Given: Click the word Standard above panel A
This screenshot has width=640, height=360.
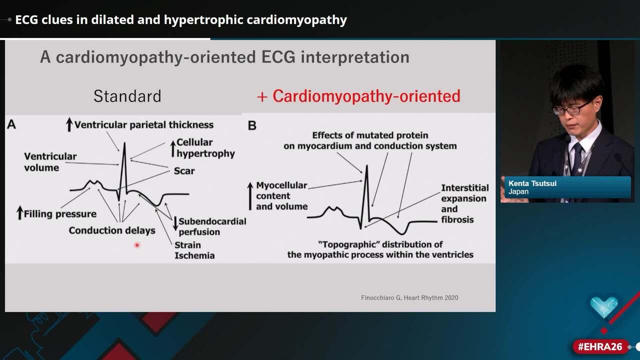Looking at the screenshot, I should pyautogui.click(x=127, y=96).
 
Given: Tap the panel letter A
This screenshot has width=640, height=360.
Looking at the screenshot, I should pyautogui.click(x=11, y=124).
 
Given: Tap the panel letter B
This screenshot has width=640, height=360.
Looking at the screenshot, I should pyautogui.click(x=252, y=125).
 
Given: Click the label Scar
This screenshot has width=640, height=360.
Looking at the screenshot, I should pyautogui.click(x=184, y=171).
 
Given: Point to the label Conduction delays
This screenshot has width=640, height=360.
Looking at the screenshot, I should pyautogui.click(x=112, y=230).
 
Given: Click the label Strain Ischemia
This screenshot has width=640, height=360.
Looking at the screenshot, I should pyautogui.click(x=194, y=250).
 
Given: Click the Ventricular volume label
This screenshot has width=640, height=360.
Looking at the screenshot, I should pyautogui.click(x=50, y=161).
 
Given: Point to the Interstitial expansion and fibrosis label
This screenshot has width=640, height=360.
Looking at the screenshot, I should pyautogui.click(x=464, y=203).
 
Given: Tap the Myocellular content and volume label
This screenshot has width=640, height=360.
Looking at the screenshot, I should pyautogui.click(x=281, y=195).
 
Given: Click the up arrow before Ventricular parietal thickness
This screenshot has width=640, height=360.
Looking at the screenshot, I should pyautogui.click(x=69, y=124).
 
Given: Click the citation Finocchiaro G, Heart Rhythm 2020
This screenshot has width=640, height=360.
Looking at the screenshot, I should pyautogui.click(x=409, y=297).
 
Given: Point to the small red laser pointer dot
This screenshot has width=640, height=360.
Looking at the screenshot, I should pyautogui.click(x=136, y=245).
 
